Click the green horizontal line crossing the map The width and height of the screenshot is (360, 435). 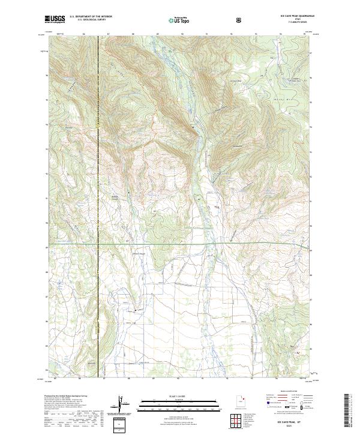[x=180, y=245]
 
